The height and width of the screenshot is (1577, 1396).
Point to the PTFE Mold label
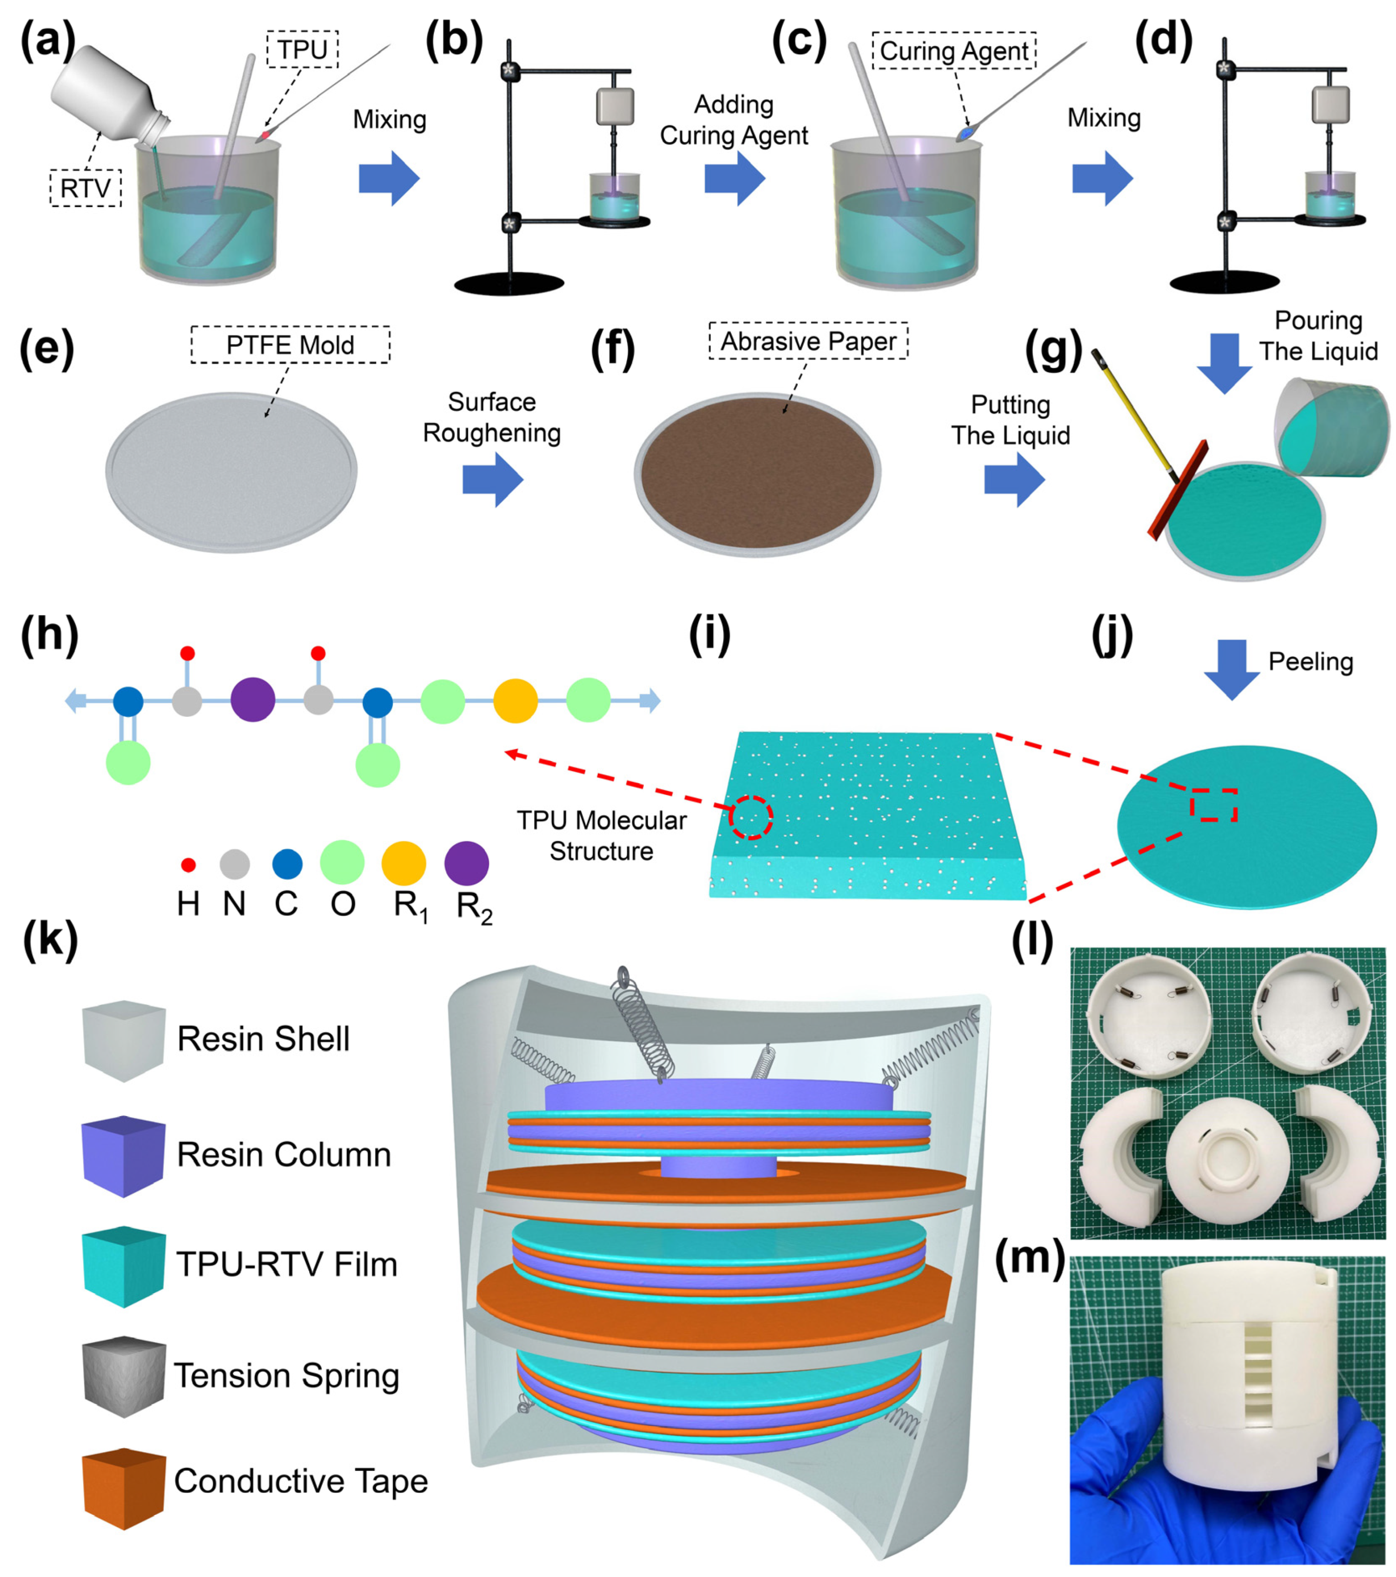(290, 345)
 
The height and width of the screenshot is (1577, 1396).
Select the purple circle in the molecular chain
(252, 700)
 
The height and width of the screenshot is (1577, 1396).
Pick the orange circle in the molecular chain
(515, 700)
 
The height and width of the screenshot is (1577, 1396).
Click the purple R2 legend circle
(466, 863)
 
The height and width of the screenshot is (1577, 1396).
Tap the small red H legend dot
(187, 865)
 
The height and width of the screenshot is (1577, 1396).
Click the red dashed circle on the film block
(751, 817)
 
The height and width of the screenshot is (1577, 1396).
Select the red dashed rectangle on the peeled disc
(1213, 805)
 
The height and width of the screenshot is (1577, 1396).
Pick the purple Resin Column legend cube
(124, 1155)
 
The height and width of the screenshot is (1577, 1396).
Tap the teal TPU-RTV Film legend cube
(124, 1266)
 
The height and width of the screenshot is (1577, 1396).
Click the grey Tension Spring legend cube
(124, 1377)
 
